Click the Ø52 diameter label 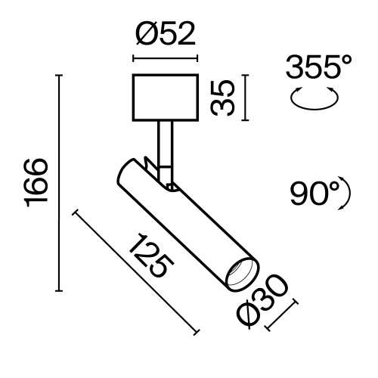pyautogui.click(x=164, y=35)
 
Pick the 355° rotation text pyautogui.click(x=318, y=70)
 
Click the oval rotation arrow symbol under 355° pyautogui.click(x=315, y=100)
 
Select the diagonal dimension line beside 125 pyautogui.click(x=136, y=272)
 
